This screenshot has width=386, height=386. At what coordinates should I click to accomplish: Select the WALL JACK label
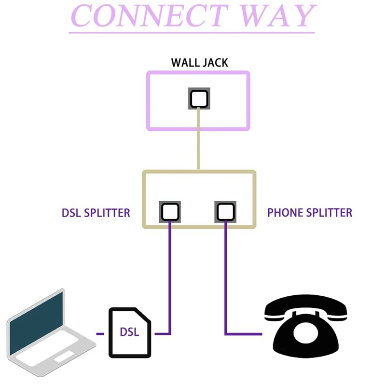click(x=199, y=63)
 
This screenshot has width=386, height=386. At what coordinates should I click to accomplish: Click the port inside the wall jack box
click(x=199, y=99)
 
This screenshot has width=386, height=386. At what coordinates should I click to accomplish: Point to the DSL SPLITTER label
click(x=96, y=213)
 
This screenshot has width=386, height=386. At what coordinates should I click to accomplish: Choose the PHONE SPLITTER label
click(x=310, y=213)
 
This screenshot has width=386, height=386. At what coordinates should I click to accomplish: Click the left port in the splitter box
click(x=170, y=211)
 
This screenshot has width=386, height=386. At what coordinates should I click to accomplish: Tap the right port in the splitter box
click(x=225, y=211)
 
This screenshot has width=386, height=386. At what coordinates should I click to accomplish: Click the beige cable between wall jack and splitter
click(x=199, y=140)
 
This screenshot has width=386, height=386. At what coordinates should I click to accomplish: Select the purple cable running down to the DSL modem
click(x=170, y=275)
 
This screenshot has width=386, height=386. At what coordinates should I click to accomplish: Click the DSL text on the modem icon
click(x=129, y=332)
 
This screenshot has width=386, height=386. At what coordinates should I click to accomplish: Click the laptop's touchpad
click(x=64, y=358)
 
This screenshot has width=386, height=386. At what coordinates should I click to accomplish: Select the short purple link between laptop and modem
click(x=100, y=333)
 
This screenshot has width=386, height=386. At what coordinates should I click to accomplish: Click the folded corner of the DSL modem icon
click(x=143, y=315)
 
